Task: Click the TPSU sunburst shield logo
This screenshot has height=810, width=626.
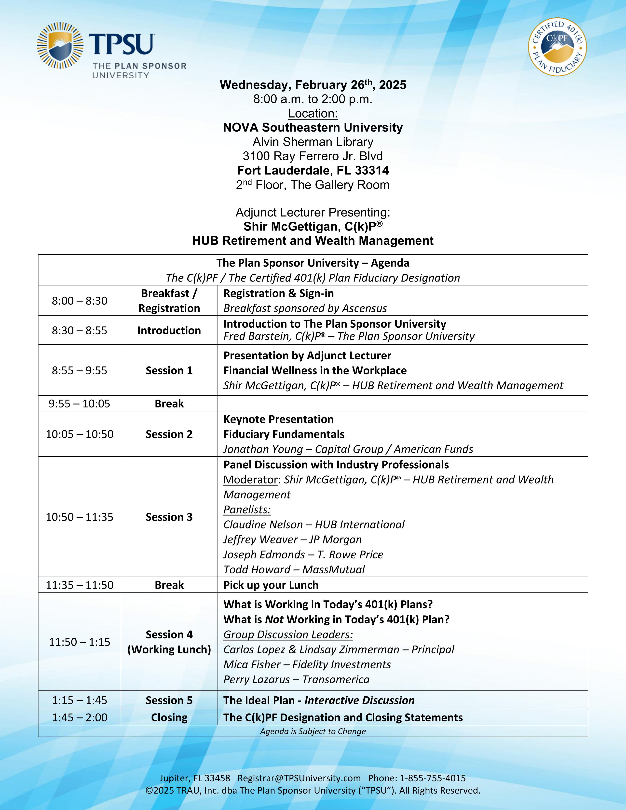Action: (x=60, y=46)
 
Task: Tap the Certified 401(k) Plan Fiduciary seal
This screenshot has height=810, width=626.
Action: (x=558, y=47)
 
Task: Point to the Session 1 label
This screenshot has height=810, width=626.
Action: (x=169, y=370)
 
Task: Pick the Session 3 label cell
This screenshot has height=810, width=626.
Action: (x=169, y=517)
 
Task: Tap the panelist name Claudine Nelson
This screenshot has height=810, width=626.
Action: (x=263, y=525)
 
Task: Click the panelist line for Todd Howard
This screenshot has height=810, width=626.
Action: (x=294, y=569)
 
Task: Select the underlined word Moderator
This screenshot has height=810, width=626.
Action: (x=250, y=480)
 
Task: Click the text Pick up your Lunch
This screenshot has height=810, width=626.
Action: (x=271, y=585)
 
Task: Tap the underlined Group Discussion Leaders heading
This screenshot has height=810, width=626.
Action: (x=288, y=634)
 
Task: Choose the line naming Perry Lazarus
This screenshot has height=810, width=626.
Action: (x=296, y=679)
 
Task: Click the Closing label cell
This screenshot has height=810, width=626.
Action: (x=169, y=717)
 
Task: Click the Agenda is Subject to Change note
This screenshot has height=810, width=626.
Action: (x=313, y=731)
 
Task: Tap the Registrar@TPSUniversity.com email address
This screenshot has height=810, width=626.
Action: (x=299, y=778)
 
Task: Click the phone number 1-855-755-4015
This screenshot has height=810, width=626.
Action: (x=432, y=778)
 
